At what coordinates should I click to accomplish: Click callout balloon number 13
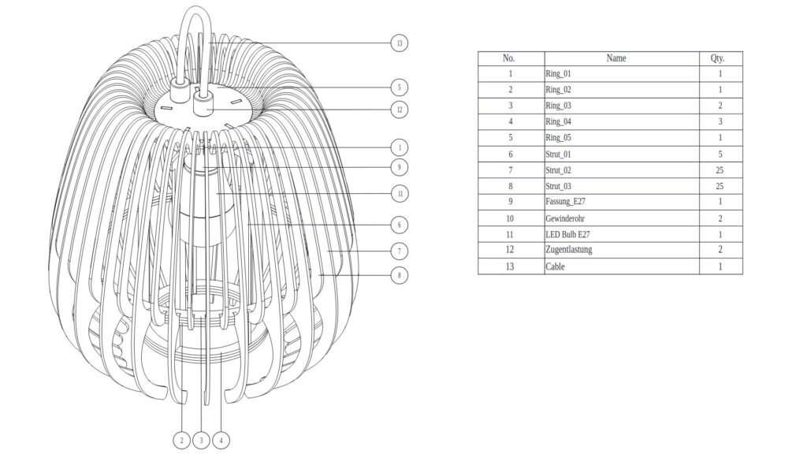(x=400, y=43)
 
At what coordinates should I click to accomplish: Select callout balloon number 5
(x=400, y=87)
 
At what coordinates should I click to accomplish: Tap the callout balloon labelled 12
(x=400, y=110)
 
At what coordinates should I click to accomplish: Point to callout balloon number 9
(x=400, y=167)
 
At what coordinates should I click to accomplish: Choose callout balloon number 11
(x=400, y=193)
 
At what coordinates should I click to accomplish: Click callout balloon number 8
(x=400, y=275)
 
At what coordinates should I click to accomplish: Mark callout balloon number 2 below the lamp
(x=182, y=440)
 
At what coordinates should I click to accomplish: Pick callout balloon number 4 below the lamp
(x=221, y=440)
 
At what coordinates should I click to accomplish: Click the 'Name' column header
(x=616, y=58)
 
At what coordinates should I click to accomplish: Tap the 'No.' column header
(x=509, y=58)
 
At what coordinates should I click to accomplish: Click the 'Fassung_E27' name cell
(x=564, y=202)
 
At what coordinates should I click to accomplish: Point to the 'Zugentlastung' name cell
(x=568, y=250)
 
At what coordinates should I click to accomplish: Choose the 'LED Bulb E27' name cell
(x=567, y=234)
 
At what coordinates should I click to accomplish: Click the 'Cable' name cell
(x=555, y=266)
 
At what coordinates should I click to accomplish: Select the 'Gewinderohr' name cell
(x=564, y=218)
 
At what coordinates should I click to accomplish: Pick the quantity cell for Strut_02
(x=720, y=170)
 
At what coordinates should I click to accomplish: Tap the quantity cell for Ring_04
(x=720, y=122)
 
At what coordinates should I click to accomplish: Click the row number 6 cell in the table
(x=510, y=154)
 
